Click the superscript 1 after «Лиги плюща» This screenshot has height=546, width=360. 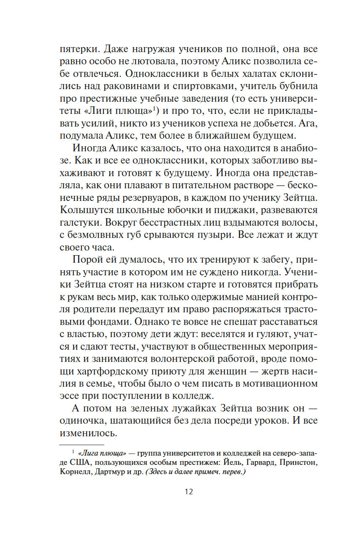tap(154, 109)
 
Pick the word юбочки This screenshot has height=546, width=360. tap(187, 209)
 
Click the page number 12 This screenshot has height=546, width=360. tap(188, 492)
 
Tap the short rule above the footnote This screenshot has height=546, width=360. tap(82, 444)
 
